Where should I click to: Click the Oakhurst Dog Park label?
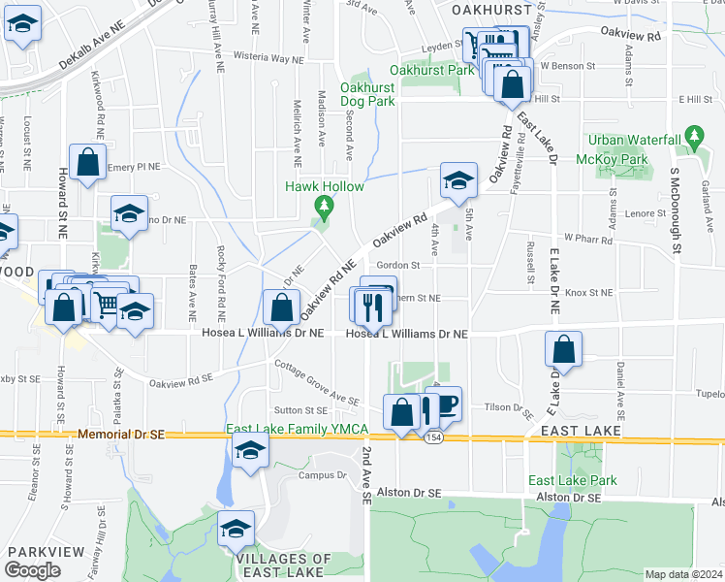point(367,94)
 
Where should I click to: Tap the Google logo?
point(32,570)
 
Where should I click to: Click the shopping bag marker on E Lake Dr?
point(563,349)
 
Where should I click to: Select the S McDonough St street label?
point(677,210)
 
